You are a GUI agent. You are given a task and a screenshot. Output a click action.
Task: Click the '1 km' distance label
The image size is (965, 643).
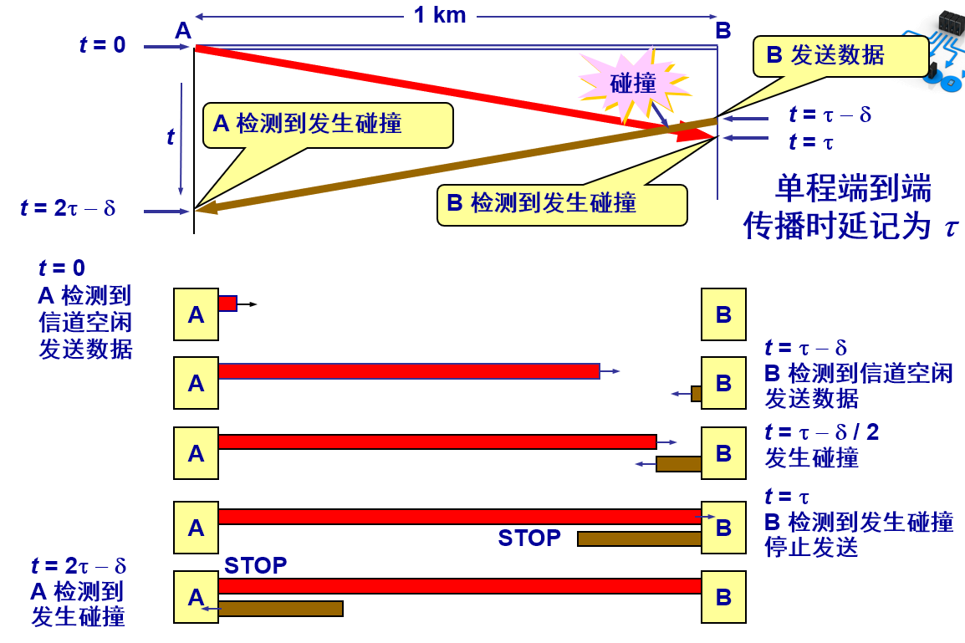(440, 14)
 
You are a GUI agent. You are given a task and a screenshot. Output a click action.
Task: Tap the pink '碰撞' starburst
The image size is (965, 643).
(633, 82)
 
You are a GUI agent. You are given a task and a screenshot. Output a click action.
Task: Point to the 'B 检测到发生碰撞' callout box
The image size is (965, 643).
(562, 204)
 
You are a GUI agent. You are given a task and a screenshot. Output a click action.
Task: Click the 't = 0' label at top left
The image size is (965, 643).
(103, 45)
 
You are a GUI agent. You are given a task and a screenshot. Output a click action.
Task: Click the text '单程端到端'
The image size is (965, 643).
(853, 189)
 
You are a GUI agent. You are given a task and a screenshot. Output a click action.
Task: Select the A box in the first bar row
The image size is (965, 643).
(196, 314)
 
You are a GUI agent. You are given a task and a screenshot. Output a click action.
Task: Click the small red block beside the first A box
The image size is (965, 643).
(227, 304)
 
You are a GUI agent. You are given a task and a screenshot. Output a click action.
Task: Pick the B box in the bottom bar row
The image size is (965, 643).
(723, 597)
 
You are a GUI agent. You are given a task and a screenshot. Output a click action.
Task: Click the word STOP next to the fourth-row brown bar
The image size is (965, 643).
(529, 538)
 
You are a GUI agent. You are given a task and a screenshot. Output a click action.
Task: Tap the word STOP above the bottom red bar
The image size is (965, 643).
(255, 566)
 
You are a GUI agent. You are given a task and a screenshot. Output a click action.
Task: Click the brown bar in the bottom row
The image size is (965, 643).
(281, 609)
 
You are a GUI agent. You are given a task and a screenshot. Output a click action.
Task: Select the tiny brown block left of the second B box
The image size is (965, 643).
(696, 393)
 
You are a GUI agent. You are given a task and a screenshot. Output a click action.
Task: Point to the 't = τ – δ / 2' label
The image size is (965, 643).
(821, 432)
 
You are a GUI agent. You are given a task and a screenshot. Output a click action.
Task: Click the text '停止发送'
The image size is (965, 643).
(811, 548)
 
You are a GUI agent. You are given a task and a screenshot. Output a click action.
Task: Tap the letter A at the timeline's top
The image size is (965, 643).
(184, 32)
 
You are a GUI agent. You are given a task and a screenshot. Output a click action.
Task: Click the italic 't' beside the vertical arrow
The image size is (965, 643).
(171, 136)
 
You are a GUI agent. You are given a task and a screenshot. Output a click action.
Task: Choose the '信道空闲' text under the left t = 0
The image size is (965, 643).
(85, 322)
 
